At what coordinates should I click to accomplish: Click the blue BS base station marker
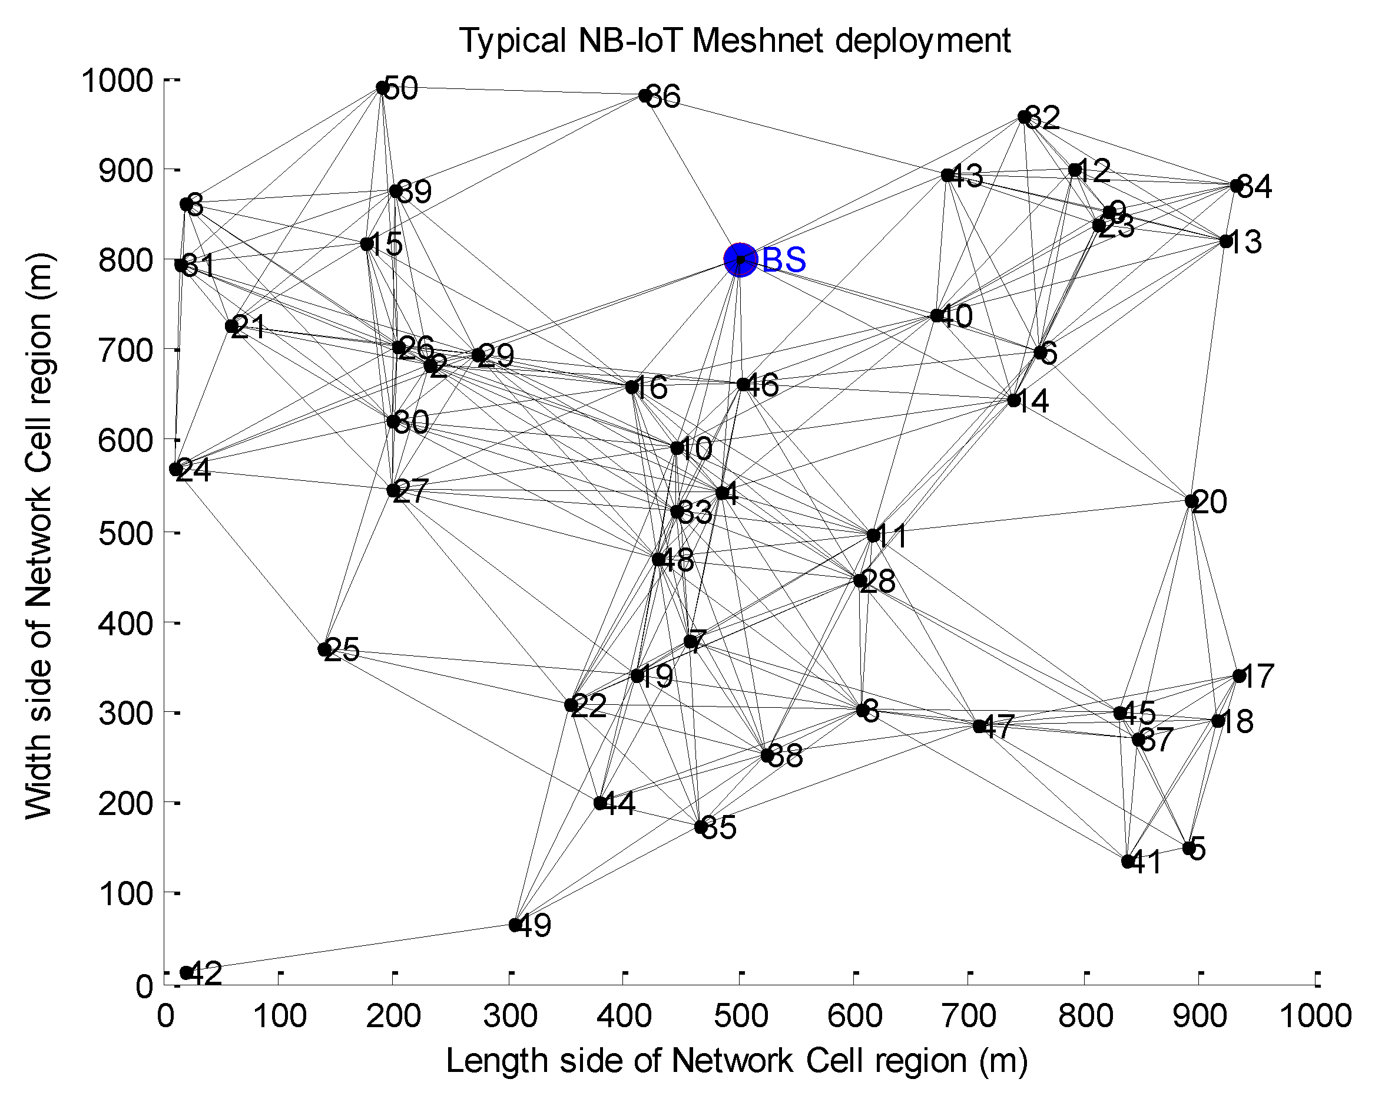click(740, 260)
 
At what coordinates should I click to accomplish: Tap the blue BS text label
click(784, 260)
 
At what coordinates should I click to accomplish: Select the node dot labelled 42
click(186, 972)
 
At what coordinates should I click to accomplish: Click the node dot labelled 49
click(515, 925)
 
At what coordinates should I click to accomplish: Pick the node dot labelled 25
click(324, 649)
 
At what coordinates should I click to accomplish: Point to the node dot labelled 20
click(1191, 501)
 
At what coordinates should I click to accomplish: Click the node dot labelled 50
click(383, 87)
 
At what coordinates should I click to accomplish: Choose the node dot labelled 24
click(176, 469)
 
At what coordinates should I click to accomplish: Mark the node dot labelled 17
click(1239, 676)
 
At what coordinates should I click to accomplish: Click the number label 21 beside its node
click(249, 327)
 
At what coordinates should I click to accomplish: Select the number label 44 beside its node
click(619, 804)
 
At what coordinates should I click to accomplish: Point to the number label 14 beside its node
click(1031, 401)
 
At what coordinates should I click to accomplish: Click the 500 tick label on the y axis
click(125, 533)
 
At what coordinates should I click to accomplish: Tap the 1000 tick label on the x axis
click(1315, 1017)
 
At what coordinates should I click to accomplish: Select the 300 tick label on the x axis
click(509, 1017)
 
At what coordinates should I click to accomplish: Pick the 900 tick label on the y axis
click(125, 170)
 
